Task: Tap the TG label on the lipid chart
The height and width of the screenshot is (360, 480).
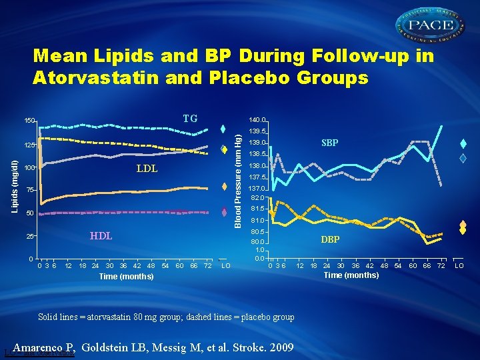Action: tap(190, 119)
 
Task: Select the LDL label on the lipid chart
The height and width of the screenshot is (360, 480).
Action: tap(147, 169)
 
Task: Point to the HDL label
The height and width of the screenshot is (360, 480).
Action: tap(101, 236)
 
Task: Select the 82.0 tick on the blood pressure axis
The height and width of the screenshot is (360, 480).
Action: tap(259, 198)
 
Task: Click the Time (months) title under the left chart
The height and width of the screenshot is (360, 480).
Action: tap(126, 276)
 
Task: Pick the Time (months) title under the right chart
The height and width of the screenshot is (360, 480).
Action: tap(351, 275)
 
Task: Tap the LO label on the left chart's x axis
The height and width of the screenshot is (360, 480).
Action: tap(226, 266)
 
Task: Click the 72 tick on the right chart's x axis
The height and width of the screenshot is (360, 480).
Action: tap(441, 265)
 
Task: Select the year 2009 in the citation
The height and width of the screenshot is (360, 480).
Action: tap(282, 347)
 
